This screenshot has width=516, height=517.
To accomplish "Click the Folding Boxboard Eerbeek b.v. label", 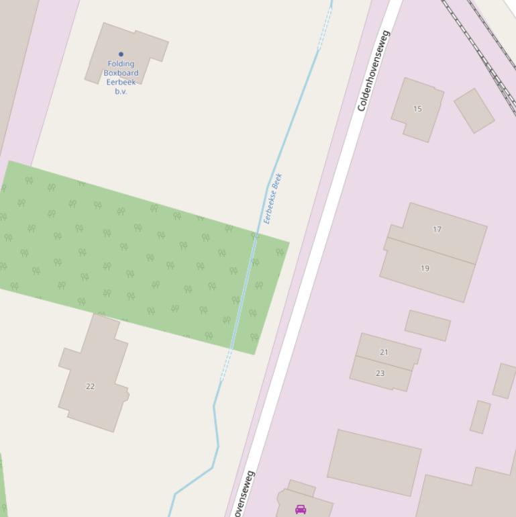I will click(121, 77).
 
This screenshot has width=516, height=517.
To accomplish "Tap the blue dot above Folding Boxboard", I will click(121, 54).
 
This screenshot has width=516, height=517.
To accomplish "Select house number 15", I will click(417, 109).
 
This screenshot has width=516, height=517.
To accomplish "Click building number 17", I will click(437, 229).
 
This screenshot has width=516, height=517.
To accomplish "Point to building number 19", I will click(425, 269).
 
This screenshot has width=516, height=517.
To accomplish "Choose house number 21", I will click(384, 352).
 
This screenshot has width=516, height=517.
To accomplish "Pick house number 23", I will click(380, 373).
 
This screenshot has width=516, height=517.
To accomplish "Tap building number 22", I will click(90, 386).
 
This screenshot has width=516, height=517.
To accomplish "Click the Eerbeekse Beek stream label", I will click(273, 199).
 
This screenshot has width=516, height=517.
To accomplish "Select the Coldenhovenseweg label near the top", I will click(373, 70).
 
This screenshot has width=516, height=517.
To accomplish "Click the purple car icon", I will click(301, 509).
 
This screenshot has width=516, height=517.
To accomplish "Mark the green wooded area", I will click(134, 255).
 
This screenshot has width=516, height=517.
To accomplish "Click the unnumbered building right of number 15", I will click(474, 111).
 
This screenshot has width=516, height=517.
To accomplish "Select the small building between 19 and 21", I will click(427, 326).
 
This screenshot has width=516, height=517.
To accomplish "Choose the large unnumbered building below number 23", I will click(374, 463).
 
